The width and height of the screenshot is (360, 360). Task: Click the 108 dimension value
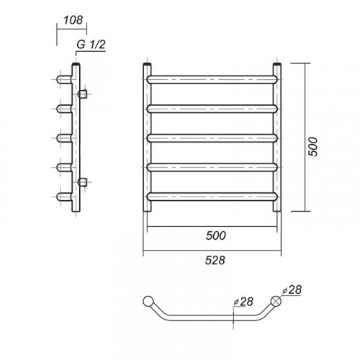pos(73,20)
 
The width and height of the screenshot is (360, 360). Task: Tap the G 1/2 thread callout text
pos(91,45)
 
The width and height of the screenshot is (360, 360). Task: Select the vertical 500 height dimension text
pos(312,147)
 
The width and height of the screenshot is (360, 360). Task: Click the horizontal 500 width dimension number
pos(216,235)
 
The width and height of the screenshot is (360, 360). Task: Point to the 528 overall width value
pos(215,260)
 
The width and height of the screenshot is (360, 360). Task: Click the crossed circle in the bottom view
pos(276,301)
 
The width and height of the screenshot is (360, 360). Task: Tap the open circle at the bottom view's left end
pos(148,301)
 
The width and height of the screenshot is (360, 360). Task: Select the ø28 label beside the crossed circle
pos(292,290)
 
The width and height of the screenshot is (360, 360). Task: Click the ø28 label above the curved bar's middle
pos(243,302)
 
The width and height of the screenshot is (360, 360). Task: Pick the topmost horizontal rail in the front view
pos(212,79)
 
